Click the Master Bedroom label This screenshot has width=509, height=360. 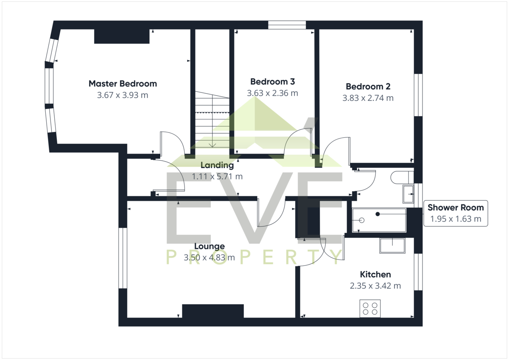[123, 84]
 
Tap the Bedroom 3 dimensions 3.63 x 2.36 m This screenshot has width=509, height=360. [272, 93]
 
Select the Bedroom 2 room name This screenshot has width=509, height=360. [368, 87]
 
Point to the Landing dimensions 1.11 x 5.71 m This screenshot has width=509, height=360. [217, 176]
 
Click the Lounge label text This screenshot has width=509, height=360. [210, 246]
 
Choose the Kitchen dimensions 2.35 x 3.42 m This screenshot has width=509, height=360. [375, 286]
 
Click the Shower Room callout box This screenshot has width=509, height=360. [456, 213]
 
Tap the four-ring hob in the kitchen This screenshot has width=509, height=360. [370, 309]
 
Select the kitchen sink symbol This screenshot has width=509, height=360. [392, 246]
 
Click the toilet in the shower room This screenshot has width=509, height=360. [402, 177]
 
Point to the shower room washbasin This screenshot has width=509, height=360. [408, 194]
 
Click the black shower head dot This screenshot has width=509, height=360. [378, 214]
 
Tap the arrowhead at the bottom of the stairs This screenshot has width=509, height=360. [212, 145]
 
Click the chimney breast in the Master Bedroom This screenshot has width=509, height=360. [122, 36]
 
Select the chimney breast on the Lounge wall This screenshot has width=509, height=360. [213, 311]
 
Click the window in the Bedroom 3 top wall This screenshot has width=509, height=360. [287, 25]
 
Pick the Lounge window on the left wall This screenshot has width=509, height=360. [123, 258]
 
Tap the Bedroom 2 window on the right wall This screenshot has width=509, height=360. [418, 95]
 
